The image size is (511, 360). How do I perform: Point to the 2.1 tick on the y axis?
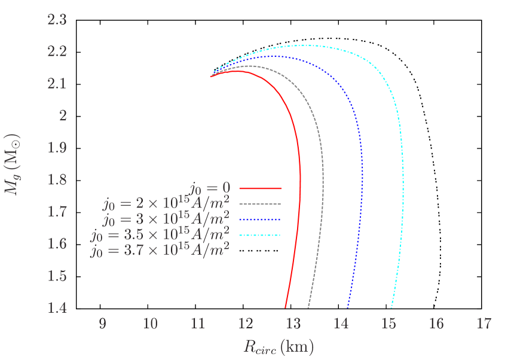click(x=57, y=84)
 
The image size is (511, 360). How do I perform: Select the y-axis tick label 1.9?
click(x=57, y=148)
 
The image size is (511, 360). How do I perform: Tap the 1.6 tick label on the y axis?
click(x=57, y=244)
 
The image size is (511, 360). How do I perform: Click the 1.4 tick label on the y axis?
click(x=57, y=308)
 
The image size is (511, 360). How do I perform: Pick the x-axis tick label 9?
click(x=102, y=324)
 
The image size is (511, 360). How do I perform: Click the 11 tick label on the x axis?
click(x=197, y=324)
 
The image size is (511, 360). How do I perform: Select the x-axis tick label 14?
click(x=341, y=324)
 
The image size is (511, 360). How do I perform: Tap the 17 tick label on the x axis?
click(x=484, y=324)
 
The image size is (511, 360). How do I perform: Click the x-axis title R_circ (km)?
click(x=278, y=346)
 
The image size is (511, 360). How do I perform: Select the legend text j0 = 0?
click(x=210, y=188)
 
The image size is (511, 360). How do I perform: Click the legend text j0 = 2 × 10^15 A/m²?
click(x=166, y=204)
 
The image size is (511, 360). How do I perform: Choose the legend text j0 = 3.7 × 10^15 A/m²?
click(x=160, y=251)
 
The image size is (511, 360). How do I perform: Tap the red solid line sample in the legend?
click(x=260, y=188)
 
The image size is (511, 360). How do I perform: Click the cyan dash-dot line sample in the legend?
click(x=260, y=236)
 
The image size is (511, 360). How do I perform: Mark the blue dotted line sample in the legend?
click(x=260, y=219)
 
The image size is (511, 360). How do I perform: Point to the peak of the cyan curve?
click(x=306, y=45)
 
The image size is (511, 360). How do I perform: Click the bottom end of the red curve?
click(x=285, y=308)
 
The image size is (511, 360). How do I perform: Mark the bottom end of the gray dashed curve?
click(x=308, y=308)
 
